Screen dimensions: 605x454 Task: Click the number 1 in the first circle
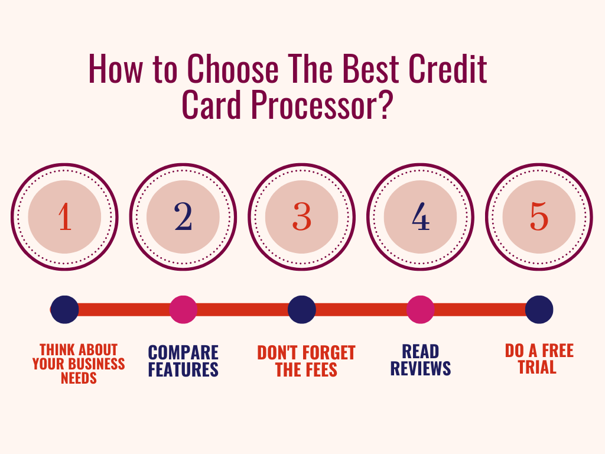[x=65, y=216]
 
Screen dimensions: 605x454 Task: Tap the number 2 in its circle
[x=183, y=216]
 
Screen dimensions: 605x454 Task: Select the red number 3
[x=302, y=216]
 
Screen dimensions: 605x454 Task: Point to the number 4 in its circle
[x=421, y=216]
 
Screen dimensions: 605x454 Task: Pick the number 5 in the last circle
[x=539, y=216]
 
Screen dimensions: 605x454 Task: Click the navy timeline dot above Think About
[x=65, y=310]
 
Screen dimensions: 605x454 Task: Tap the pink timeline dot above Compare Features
[x=183, y=310]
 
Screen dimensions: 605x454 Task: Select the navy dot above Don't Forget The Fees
[x=302, y=310]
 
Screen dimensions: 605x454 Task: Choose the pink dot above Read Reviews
[x=421, y=310]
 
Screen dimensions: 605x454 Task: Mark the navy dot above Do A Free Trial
[x=539, y=310]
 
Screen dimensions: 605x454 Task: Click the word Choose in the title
[x=233, y=69]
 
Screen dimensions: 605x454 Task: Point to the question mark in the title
[x=383, y=104]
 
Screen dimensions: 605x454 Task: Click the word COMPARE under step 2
[x=183, y=352]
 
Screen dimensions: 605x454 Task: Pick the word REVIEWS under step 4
[x=421, y=368]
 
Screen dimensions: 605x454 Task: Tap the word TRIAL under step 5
[x=537, y=367]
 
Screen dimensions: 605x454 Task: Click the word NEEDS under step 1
[x=79, y=378]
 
